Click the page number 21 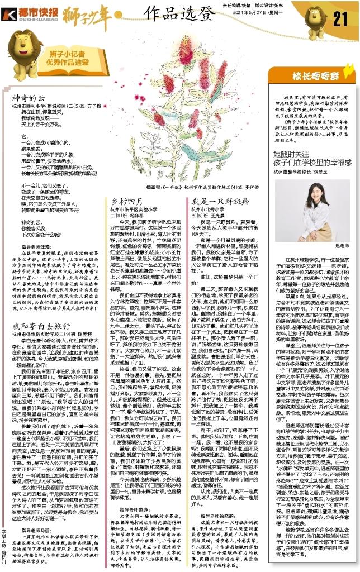coord(341,19)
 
